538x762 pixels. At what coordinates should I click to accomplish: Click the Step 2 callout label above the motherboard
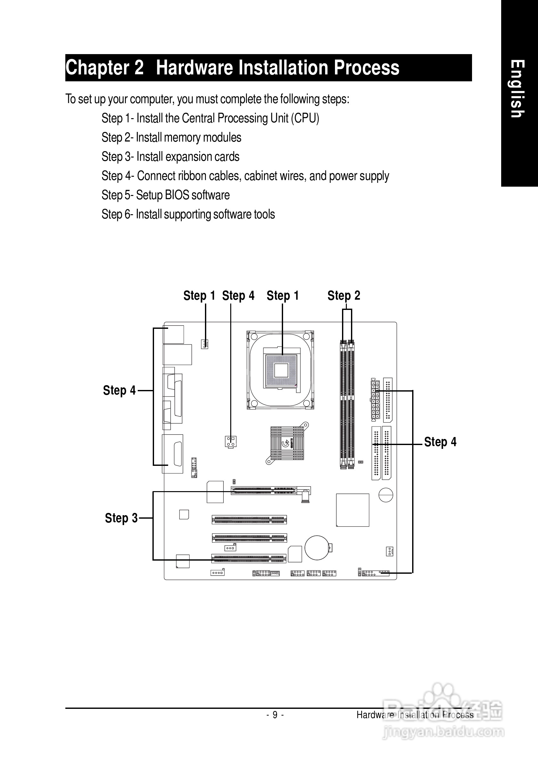coord(344,296)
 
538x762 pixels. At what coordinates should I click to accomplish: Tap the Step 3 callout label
coord(121,518)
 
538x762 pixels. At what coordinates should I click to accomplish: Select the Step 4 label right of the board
coord(440,442)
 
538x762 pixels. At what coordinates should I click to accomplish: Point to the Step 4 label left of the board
coord(119,390)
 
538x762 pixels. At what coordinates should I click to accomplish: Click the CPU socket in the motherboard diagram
coord(281,370)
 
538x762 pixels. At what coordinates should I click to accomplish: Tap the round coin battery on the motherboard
coord(317,547)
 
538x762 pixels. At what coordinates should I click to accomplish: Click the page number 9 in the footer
coord(275,715)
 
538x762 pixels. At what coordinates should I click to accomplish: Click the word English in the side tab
coord(517,89)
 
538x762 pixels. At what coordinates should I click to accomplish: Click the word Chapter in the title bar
coord(97,68)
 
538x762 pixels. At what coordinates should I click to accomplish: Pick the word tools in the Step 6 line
coord(264,215)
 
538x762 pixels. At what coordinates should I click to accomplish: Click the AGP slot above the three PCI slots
coord(264,490)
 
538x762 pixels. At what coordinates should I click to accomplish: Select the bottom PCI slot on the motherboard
coord(249,559)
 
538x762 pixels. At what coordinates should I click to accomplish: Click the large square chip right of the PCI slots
coord(353,510)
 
